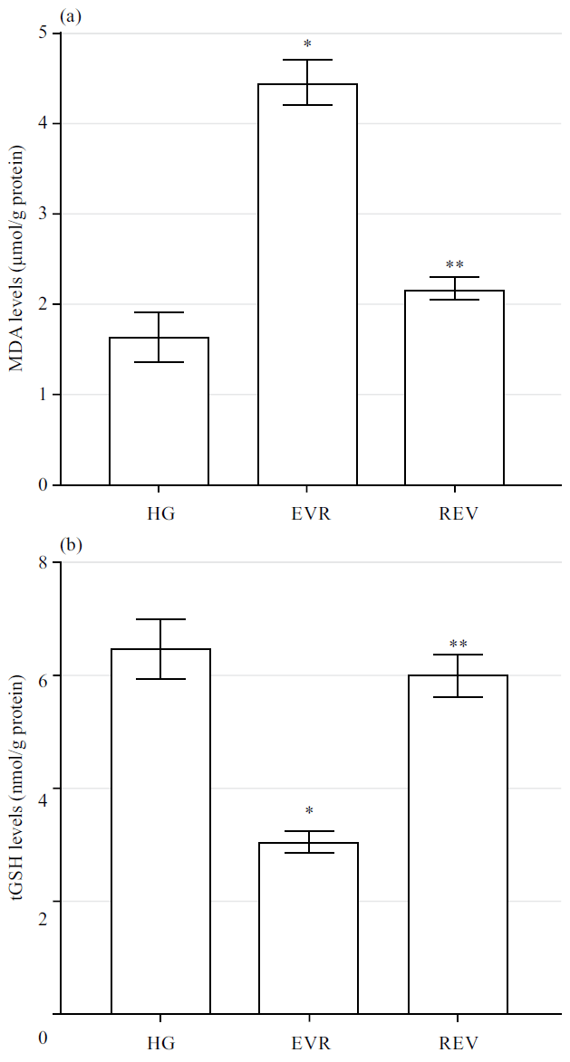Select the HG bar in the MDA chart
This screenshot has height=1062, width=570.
(x=159, y=411)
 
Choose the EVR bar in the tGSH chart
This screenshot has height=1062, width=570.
(x=308, y=928)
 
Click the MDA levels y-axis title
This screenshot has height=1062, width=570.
(x=16, y=258)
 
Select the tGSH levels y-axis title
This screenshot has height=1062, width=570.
(x=16, y=788)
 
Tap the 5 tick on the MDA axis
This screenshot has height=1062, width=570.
(x=43, y=33)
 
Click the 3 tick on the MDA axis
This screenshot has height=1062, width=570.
(x=43, y=214)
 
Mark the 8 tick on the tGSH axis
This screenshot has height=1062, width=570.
(x=43, y=562)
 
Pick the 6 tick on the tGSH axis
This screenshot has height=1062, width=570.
(x=43, y=675)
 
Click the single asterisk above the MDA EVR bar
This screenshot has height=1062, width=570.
(x=307, y=43)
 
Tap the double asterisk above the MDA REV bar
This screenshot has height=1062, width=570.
(x=455, y=264)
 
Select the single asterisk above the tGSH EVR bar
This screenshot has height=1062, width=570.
(x=309, y=811)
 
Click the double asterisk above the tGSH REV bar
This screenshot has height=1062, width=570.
(x=458, y=645)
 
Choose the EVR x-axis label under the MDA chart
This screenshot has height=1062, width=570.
(x=307, y=513)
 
